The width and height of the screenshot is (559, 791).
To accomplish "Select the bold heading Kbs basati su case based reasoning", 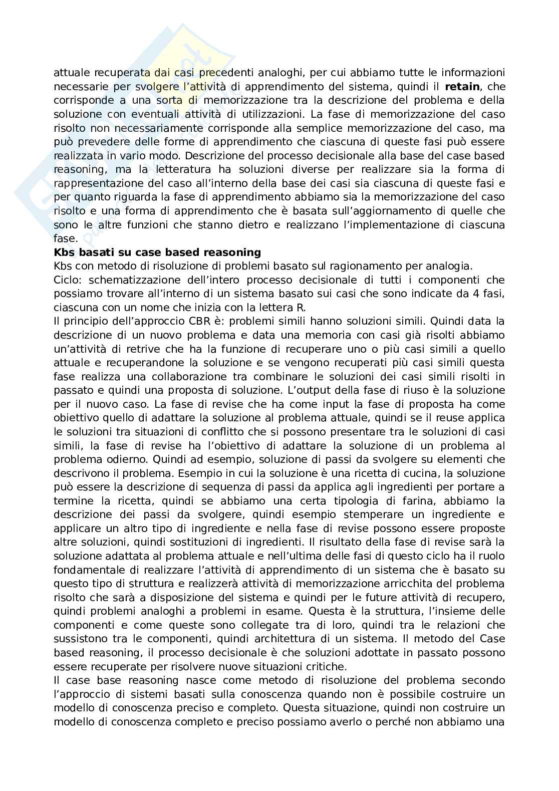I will click(x=157, y=252).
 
